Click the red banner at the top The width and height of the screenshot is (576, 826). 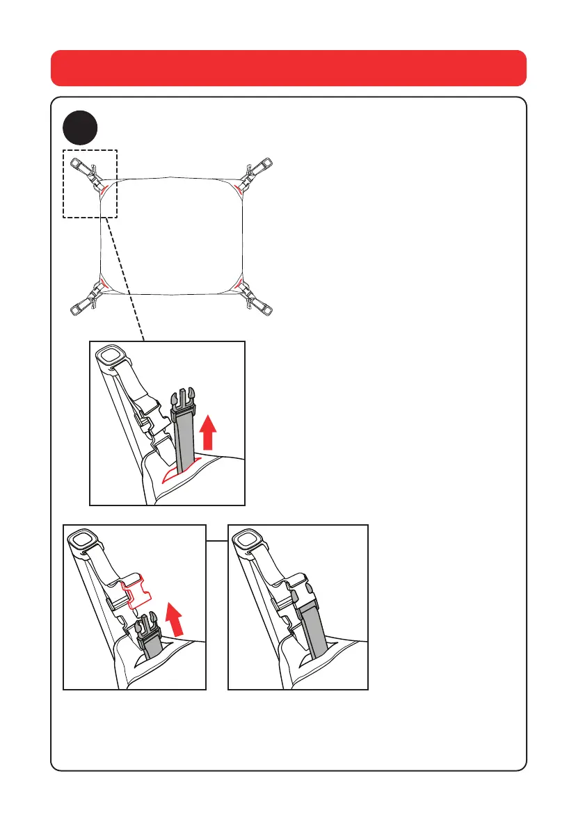tap(288, 67)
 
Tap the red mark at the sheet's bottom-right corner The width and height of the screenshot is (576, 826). tap(238, 282)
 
